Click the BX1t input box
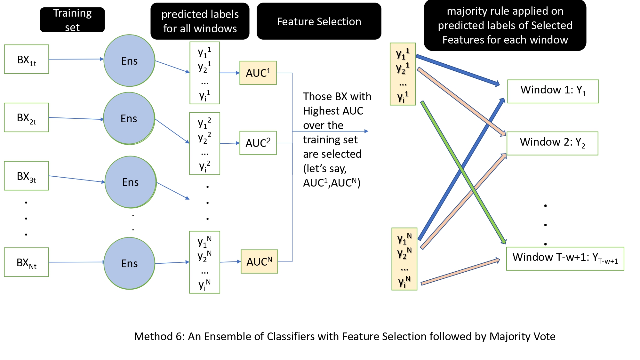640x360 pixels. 27,59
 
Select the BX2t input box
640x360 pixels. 27,117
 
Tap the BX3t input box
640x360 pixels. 27,176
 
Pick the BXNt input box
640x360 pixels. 27,262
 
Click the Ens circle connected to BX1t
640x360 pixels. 129,60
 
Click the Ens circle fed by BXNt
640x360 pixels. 129,263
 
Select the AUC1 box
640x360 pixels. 258,73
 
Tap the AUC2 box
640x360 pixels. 258,143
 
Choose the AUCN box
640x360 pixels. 259,261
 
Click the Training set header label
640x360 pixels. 72,20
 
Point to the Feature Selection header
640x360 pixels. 319,21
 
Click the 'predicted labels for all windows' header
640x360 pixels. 200,21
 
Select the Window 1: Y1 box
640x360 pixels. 553,91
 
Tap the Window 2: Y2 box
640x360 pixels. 552,143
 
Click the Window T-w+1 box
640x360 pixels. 565,259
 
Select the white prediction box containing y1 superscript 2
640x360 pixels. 204,143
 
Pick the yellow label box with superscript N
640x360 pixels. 404,259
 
